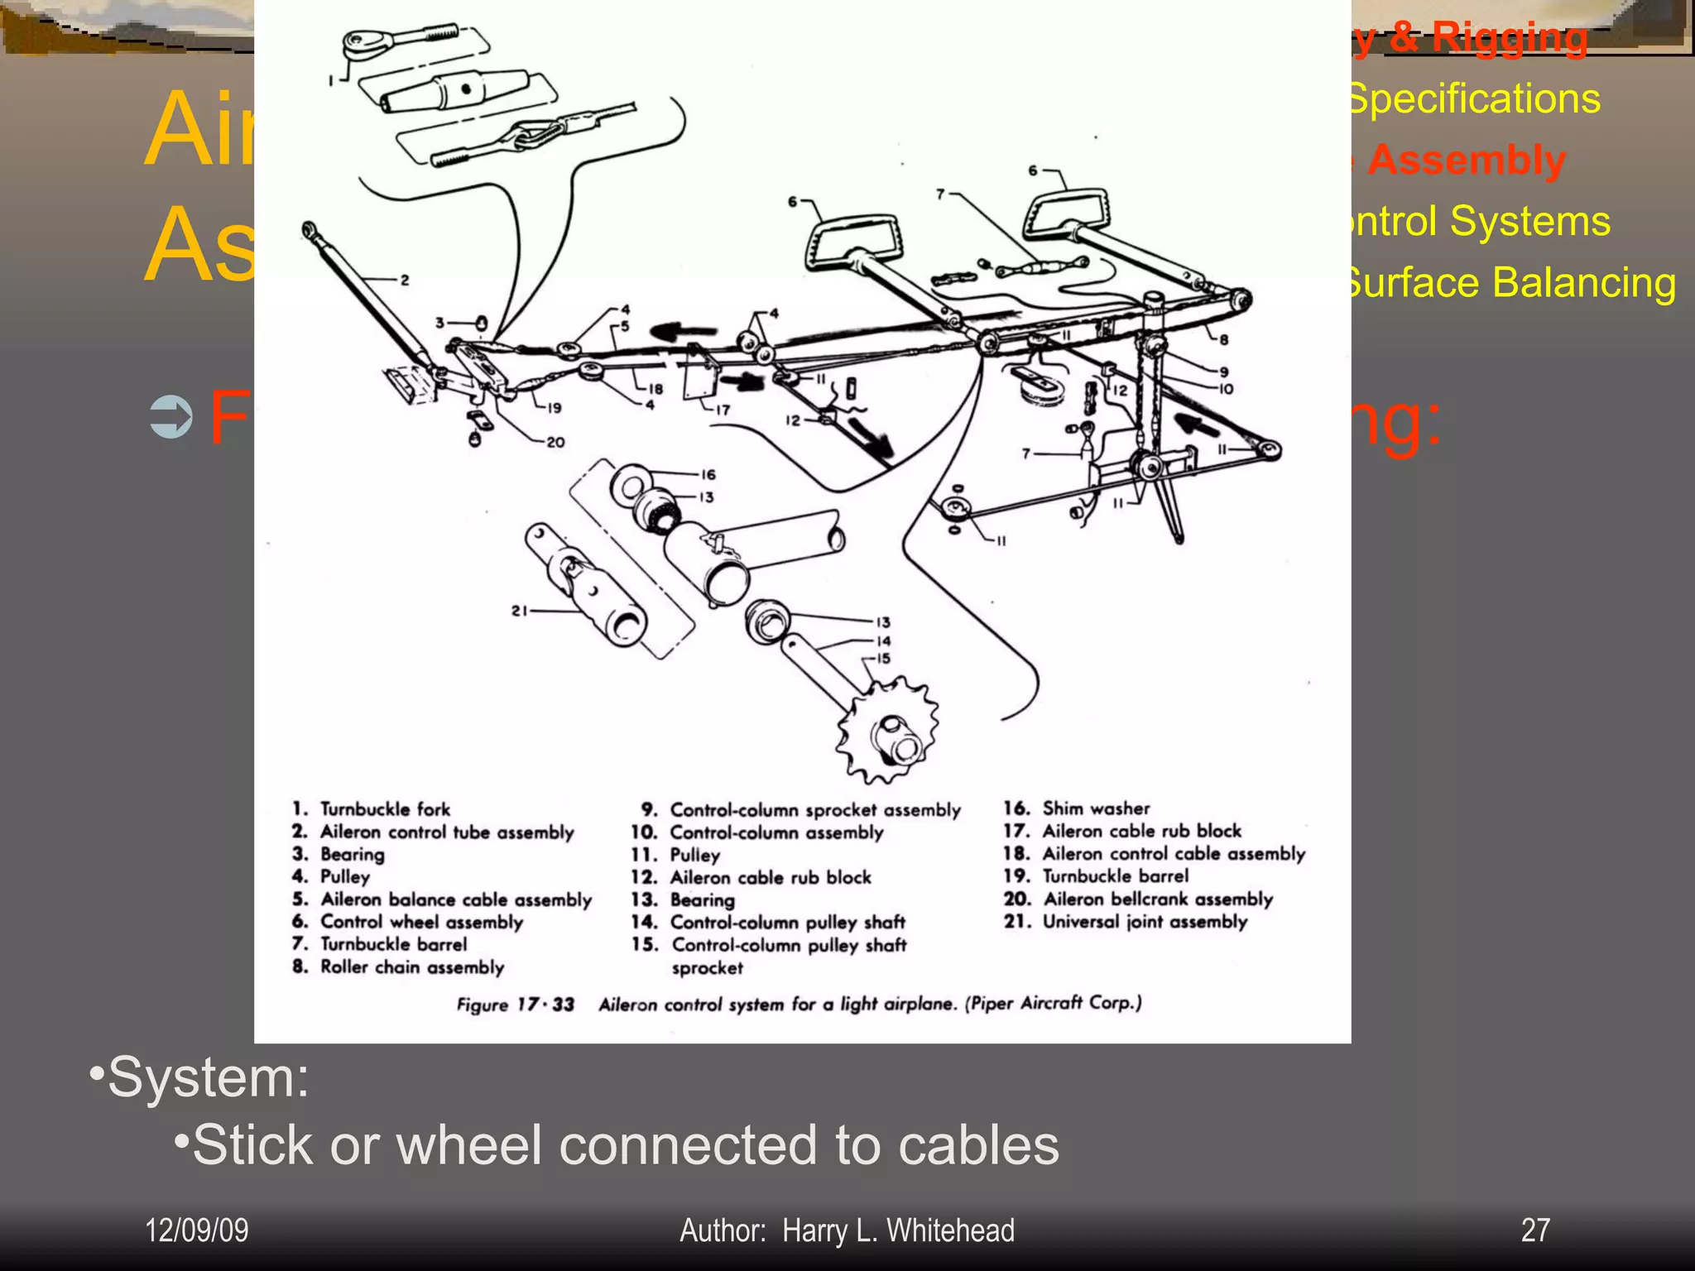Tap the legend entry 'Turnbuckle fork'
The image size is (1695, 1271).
385,809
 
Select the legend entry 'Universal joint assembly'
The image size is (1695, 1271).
1145,922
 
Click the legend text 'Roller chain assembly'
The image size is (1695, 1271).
412,967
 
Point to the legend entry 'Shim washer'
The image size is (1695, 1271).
1096,808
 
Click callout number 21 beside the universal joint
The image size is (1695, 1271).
519,611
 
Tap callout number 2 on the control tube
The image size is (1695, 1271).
405,281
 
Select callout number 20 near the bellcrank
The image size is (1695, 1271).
555,443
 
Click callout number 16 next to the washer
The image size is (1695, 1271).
708,474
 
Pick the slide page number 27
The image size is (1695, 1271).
1535,1230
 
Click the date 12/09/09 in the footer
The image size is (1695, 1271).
197,1230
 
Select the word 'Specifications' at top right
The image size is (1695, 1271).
1473,98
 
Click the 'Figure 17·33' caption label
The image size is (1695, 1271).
515,1005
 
